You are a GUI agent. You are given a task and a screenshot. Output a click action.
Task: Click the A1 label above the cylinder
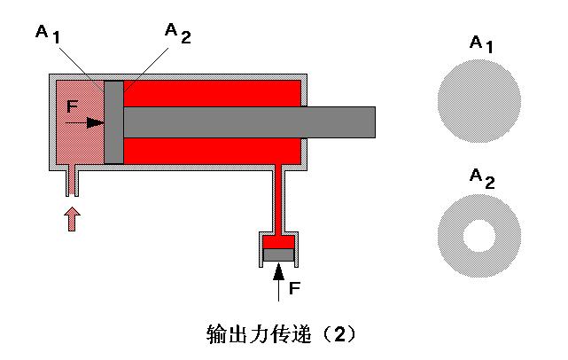pyautogui.click(x=47, y=33)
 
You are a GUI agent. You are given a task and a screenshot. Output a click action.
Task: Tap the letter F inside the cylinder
pyautogui.click(x=73, y=107)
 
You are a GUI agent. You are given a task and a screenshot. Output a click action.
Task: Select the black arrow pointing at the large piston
pyautogui.click(x=88, y=123)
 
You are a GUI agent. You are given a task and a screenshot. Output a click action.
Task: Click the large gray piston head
pyautogui.click(x=113, y=122)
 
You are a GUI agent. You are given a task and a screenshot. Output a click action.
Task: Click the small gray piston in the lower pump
pyautogui.click(x=279, y=255)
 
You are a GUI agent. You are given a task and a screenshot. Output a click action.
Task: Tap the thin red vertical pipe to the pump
pyautogui.click(x=279, y=200)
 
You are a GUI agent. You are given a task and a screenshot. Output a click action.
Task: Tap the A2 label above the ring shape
pyautogui.click(x=481, y=179)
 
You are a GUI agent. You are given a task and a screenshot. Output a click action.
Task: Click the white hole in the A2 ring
pyautogui.click(x=480, y=235)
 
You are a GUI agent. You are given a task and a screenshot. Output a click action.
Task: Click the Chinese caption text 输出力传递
pyautogui.click(x=257, y=334)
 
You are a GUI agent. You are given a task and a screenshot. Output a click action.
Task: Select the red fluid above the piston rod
pyautogui.click(x=213, y=92)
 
